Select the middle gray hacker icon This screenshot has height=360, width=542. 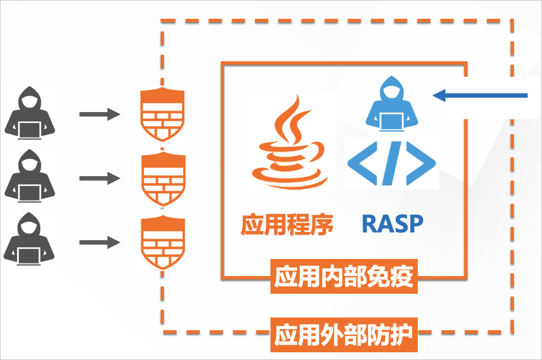[31, 176]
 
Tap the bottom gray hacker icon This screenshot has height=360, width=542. [31, 240]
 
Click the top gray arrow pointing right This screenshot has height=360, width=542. [99, 114]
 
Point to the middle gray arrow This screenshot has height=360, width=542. [99, 178]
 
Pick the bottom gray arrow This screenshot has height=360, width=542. [99, 242]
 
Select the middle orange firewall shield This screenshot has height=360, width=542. [162, 178]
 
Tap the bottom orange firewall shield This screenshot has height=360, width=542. [162, 242]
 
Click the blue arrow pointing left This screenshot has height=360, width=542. [480, 97]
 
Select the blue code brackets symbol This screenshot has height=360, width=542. [391, 163]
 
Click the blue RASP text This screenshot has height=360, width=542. [392, 223]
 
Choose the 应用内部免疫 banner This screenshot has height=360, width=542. [344, 277]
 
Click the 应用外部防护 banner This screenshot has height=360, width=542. [344, 335]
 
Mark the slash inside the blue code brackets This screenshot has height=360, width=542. [392, 163]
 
